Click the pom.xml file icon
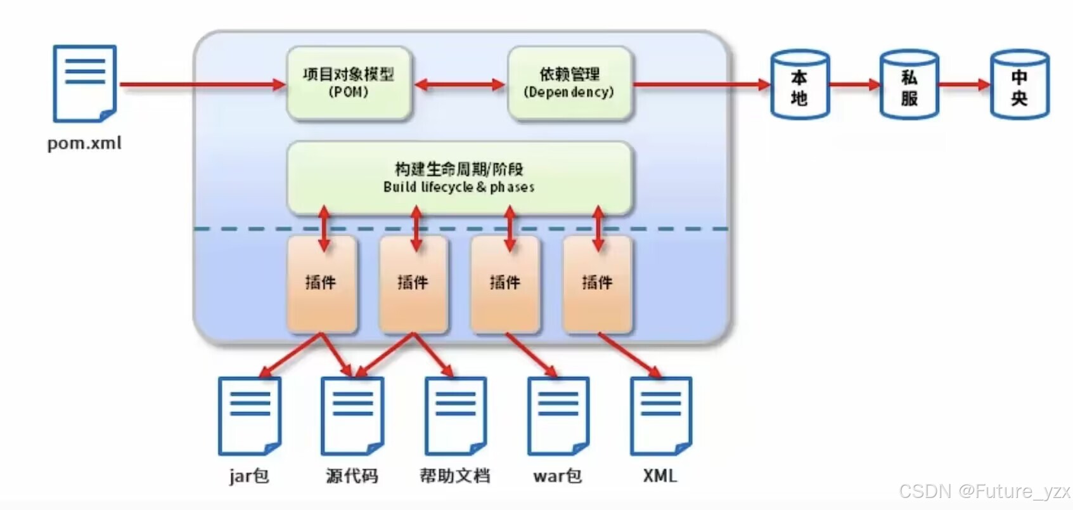click(x=85, y=84)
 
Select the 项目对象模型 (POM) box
click(x=349, y=82)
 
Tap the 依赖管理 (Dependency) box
click(x=569, y=82)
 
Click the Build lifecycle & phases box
click(x=459, y=178)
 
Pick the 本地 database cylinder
click(x=799, y=84)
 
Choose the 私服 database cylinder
click(x=909, y=84)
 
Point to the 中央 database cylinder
click(x=1020, y=84)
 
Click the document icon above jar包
click(x=250, y=415)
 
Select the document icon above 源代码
click(x=352, y=415)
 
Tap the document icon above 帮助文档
click(x=456, y=415)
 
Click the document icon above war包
click(x=558, y=415)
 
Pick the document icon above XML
click(x=661, y=415)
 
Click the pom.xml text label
click(x=84, y=143)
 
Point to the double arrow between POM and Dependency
click(x=459, y=86)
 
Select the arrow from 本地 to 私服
click(x=855, y=85)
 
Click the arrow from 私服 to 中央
click(x=965, y=85)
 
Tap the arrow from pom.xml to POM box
click(x=203, y=85)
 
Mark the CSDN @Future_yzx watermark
click(x=985, y=492)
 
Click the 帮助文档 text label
click(x=455, y=476)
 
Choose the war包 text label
click(x=558, y=476)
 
